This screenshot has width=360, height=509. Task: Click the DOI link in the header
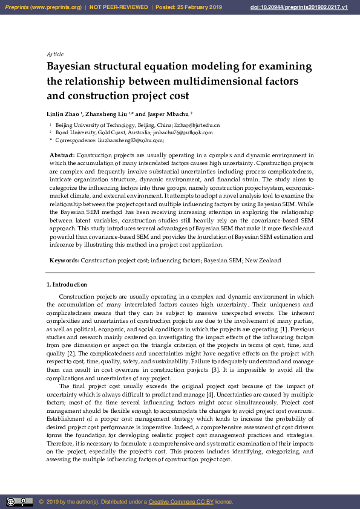298,7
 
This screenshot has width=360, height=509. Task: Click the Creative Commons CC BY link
179,502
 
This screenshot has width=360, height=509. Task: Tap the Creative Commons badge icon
19,501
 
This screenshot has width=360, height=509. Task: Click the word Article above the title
55,54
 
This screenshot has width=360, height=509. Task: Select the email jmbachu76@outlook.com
183,132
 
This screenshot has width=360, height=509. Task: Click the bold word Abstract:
62,155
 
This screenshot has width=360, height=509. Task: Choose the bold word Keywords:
64,260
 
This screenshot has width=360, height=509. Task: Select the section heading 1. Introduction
67,285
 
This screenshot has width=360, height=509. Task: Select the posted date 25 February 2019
198,7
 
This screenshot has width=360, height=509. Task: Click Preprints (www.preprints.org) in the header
42,7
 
